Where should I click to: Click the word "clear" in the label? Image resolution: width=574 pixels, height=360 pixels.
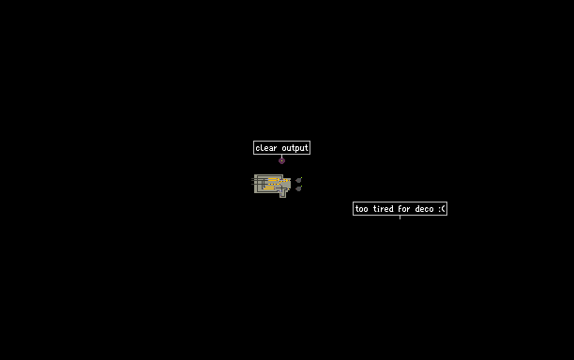(266, 148)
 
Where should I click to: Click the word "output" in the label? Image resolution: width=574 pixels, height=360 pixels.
(295, 148)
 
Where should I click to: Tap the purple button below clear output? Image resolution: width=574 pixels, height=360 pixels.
(281, 160)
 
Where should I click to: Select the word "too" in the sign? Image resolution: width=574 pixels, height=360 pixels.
(362, 209)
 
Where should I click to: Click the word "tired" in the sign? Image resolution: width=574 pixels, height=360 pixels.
(383, 208)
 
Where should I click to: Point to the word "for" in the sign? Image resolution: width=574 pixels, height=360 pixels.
(404, 208)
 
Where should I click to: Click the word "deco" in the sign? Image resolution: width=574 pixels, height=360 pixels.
(424, 208)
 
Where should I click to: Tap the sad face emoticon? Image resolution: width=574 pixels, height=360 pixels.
(442, 209)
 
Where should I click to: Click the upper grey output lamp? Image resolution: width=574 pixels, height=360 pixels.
(298, 180)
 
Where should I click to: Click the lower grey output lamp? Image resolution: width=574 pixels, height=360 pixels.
(298, 188)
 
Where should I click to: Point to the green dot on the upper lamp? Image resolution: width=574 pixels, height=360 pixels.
(302, 178)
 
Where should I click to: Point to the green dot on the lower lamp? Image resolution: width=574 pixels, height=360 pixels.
(302, 187)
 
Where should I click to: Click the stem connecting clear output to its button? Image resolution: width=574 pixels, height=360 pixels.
(281, 156)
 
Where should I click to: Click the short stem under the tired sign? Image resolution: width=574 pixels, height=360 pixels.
(400, 217)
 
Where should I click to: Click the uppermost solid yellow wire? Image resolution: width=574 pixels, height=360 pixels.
(272, 178)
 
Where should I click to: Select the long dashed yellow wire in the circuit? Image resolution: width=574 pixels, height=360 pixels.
(274, 185)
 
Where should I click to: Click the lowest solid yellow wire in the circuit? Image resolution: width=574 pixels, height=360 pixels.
(268, 188)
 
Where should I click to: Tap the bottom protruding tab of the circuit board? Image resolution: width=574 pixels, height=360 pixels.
(282, 195)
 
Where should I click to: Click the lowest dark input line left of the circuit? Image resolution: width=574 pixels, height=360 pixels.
(252, 185)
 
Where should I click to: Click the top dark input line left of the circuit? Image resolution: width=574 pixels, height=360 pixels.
(252, 178)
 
